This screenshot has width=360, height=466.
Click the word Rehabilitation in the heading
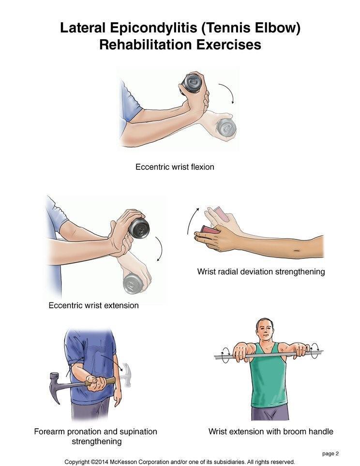click(145, 45)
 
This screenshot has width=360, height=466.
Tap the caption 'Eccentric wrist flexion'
click(175, 167)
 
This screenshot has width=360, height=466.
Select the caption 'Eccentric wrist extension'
click(94, 305)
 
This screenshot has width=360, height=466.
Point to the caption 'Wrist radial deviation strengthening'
click(261, 271)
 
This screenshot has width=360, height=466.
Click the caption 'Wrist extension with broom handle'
click(271, 431)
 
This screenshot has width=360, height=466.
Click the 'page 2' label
click(330, 453)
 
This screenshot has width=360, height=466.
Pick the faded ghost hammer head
click(126, 375)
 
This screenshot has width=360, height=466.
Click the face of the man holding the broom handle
click(265, 330)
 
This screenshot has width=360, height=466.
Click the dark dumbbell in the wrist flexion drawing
click(192, 83)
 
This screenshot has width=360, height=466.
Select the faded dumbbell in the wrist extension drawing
click(133, 284)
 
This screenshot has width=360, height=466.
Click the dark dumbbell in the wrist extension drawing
click(139, 228)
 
